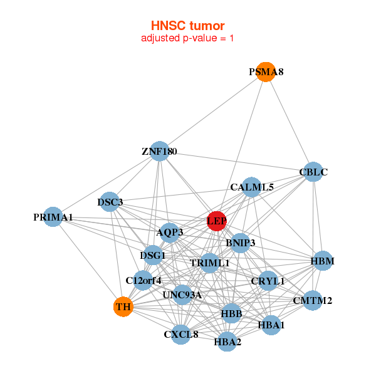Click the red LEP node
(x=216, y=221)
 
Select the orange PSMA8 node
(x=266, y=71)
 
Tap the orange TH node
(x=123, y=307)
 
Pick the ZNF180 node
(x=159, y=151)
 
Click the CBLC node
(x=313, y=172)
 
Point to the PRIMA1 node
(x=53, y=217)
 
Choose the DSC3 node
(x=110, y=202)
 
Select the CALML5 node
(x=251, y=187)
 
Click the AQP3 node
(x=169, y=232)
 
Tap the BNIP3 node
(x=240, y=242)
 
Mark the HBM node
(x=322, y=261)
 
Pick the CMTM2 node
(x=312, y=300)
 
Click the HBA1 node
(x=271, y=325)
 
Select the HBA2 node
(x=227, y=342)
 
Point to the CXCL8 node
(x=181, y=334)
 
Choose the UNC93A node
(x=182, y=295)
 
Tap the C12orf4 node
(x=144, y=279)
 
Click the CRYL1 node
(x=268, y=281)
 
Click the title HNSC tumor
(x=187, y=26)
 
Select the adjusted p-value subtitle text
(x=187, y=38)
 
